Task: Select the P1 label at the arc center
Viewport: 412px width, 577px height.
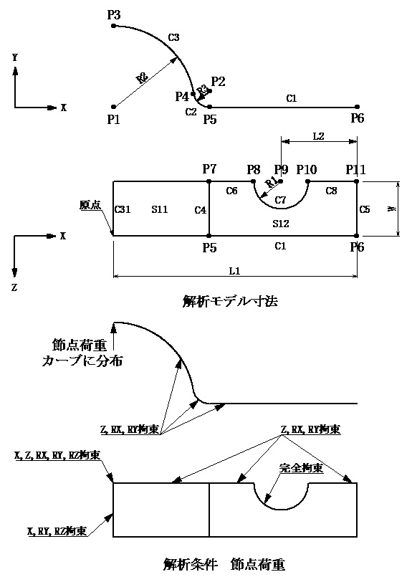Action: (112, 119)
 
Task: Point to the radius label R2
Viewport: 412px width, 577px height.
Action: (143, 79)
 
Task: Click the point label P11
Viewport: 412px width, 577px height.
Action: (355, 169)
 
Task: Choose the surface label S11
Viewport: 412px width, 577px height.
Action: (159, 209)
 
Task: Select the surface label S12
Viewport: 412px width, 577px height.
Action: (280, 224)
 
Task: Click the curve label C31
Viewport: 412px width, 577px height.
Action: (123, 209)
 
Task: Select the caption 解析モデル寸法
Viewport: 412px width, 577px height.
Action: (231, 302)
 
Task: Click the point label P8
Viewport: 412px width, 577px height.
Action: (254, 169)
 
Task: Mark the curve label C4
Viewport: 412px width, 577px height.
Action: (201, 209)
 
